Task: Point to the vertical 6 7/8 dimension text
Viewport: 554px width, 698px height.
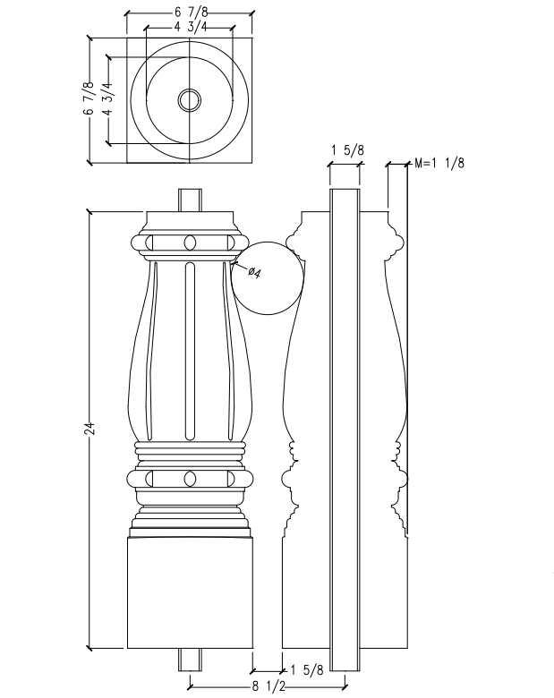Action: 89,99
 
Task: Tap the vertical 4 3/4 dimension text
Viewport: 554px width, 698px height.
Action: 107,99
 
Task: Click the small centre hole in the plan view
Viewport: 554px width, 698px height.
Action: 189,100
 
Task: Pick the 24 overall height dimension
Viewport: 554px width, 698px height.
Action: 89,430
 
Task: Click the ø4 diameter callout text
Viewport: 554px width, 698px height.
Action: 253,271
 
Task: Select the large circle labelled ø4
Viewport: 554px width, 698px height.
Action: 267,279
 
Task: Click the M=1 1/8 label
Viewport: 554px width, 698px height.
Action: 439,163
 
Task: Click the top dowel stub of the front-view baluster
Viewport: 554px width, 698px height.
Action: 190,200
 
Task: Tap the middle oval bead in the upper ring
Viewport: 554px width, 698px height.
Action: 190,243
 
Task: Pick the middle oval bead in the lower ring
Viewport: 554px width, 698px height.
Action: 190,480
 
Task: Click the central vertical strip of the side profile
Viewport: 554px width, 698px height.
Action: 345,430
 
